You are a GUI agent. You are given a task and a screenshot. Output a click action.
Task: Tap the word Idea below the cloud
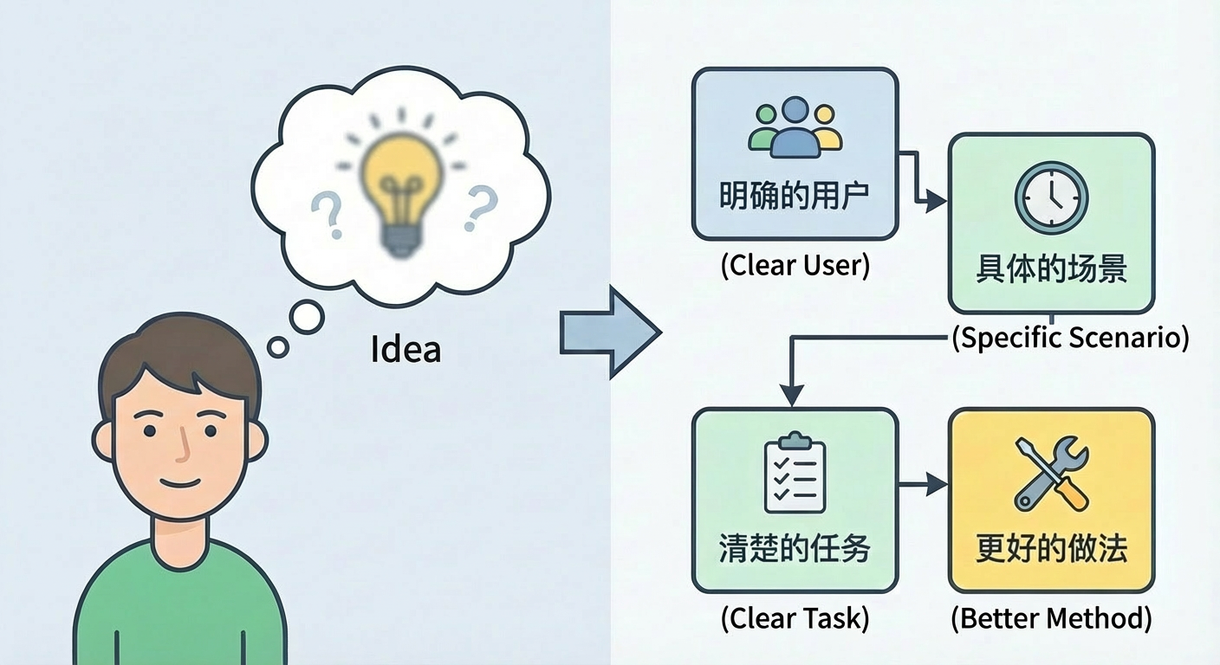[406, 349]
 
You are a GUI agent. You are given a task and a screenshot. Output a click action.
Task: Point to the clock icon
[1051, 197]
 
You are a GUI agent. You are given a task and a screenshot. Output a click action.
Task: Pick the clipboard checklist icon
[795, 475]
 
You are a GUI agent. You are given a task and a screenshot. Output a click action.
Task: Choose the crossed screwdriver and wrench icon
[1051, 474]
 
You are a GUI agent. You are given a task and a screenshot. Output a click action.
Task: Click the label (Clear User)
[795, 265]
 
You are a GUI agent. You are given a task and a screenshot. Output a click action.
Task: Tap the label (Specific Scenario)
[1070, 337]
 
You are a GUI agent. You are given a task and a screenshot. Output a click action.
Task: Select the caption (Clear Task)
[795, 618]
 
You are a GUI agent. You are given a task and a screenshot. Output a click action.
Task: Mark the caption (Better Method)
[1051, 618]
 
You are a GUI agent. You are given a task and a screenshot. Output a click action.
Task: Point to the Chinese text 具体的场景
[1051, 269]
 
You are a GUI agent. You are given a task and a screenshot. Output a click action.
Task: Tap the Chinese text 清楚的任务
[795, 549]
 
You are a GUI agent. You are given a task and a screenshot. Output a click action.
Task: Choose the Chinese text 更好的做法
[1051, 549]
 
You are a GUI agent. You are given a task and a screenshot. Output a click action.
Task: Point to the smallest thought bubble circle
[277, 348]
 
